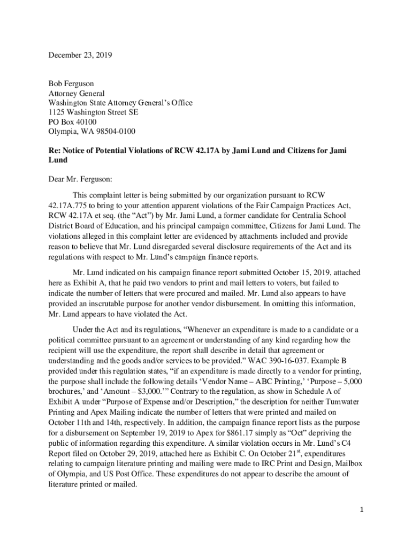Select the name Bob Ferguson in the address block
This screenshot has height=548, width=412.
[71, 84]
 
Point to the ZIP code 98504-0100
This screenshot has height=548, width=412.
[113, 132]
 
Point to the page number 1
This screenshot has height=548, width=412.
[362, 509]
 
